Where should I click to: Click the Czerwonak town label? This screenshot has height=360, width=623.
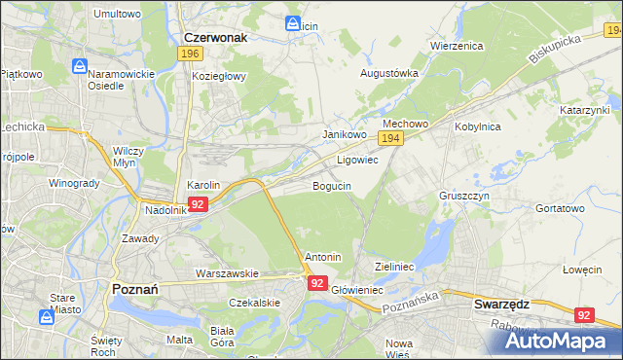coord(215,36)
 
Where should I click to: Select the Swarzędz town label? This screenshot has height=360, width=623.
coord(501,304)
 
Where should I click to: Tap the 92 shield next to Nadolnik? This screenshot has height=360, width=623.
coord(198,204)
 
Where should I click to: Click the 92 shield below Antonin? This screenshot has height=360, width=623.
coord(317,283)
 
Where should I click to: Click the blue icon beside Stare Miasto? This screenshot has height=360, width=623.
coord(46,317)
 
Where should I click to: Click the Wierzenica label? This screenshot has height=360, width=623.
coord(456,46)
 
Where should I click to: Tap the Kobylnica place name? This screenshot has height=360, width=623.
coord(477,126)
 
